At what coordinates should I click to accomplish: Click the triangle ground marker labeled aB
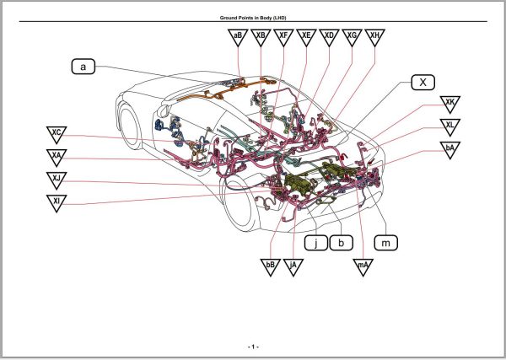(x=239, y=37)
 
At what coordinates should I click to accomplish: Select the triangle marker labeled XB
(x=261, y=37)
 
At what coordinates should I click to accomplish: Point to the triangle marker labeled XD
(x=330, y=37)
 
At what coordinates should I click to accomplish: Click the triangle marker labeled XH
(x=376, y=37)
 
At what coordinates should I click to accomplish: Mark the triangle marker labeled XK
(x=451, y=105)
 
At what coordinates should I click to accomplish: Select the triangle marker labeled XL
(x=451, y=127)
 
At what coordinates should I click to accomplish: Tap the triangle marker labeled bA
(x=451, y=150)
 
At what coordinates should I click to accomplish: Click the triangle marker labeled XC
(x=57, y=134)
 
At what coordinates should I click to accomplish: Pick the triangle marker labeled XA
(x=57, y=157)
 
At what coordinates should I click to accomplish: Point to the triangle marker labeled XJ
(x=57, y=180)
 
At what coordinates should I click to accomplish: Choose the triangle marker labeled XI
(x=57, y=202)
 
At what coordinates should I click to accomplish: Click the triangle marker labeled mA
(x=363, y=266)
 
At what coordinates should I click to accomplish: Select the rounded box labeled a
(x=83, y=66)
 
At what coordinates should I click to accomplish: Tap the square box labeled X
(x=423, y=82)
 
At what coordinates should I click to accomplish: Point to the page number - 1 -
(x=252, y=347)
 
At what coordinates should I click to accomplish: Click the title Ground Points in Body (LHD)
(x=252, y=17)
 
